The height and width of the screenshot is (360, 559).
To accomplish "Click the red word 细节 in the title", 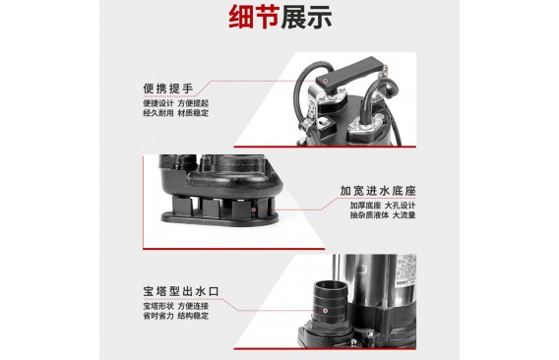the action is pyautogui.click(x=254, y=17).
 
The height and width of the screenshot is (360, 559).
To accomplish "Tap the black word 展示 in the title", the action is pyautogui.click(x=306, y=17).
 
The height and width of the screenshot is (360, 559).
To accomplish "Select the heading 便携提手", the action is pyautogui.click(x=168, y=89).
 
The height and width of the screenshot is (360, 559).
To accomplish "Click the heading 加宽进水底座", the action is pyautogui.click(x=378, y=191).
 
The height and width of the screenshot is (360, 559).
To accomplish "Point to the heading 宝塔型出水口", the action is pyautogui.click(x=181, y=291).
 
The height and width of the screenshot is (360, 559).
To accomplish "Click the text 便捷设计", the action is pyautogui.click(x=158, y=103).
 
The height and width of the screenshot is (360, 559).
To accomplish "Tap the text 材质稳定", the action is pyautogui.click(x=193, y=113).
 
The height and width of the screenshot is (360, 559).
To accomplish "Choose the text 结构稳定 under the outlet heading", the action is pyautogui.click(x=193, y=316).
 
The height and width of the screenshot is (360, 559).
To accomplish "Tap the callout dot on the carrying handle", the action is pyautogui.click(x=325, y=81).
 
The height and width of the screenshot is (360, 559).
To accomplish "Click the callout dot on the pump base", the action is pyautogui.click(x=254, y=210).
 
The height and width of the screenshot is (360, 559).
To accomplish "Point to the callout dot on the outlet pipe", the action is pyautogui.click(x=325, y=311).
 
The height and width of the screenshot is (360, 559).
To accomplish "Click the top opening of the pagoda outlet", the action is pyautogui.click(x=330, y=285).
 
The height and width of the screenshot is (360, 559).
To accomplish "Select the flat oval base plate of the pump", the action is pyautogui.click(x=220, y=218).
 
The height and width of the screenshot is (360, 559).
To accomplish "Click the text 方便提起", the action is pyautogui.click(x=193, y=103).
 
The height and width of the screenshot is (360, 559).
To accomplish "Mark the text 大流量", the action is pyautogui.click(x=404, y=215).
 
